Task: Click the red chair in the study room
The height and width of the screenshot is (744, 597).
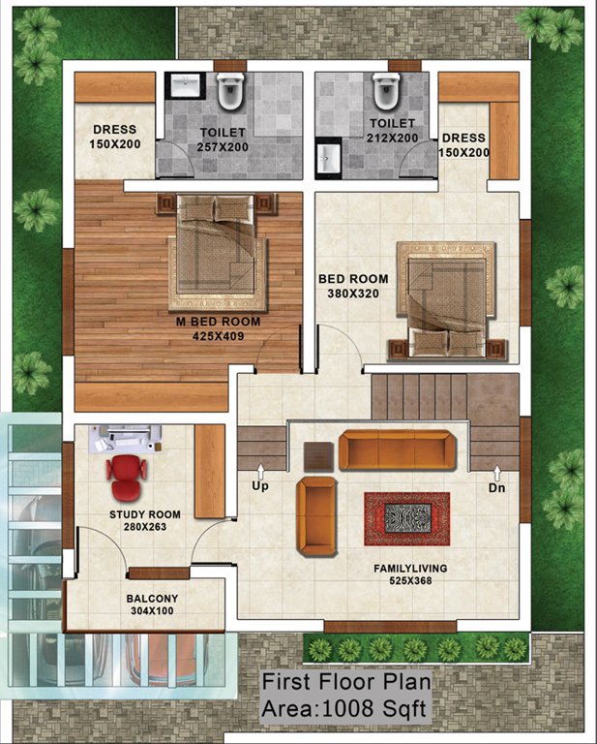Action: pyautogui.click(x=127, y=474)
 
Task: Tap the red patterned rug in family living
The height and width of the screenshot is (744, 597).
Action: pyautogui.click(x=406, y=518)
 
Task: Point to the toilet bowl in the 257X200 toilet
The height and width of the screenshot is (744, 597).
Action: pyautogui.click(x=229, y=92)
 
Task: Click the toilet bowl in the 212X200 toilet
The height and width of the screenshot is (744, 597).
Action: pyautogui.click(x=385, y=92)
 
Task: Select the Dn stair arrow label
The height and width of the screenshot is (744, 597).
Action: pyautogui.click(x=496, y=487)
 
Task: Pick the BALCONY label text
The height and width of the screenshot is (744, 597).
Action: pyautogui.click(x=152, y=598)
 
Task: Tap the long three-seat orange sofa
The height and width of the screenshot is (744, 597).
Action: pyautogui.click(x=397, y=449)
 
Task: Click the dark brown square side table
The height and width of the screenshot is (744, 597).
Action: pyautogui.click(x=317, y=454)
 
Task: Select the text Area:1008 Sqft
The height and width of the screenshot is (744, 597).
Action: pyautogui.click(x=344, y=709)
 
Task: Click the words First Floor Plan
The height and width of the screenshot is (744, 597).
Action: pyautogui.click(x=344, y=683)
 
